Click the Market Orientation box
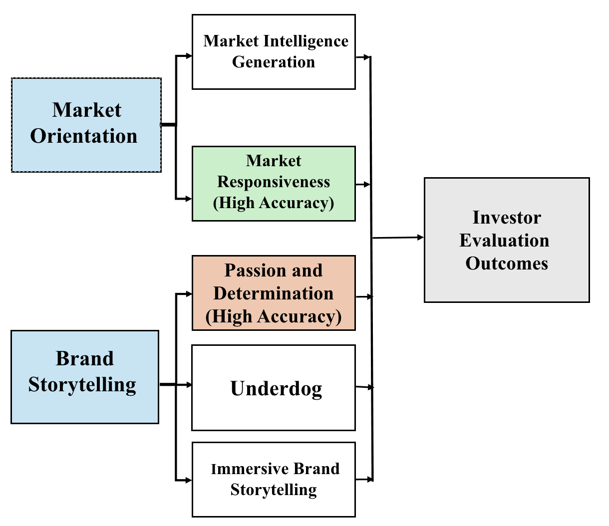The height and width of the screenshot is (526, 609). click(x=86, y=125)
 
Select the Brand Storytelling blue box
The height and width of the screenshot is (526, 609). click(x=85, y=377)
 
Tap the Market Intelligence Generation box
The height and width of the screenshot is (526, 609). click(x=274, y=52)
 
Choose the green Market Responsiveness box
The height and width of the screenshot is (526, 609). click(x=274, y=183)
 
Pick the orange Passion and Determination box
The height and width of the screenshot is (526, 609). click(x=274, y=293)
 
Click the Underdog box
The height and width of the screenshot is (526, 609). click(x=274, y=388)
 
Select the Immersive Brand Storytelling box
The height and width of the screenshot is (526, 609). click(x=274, y=479)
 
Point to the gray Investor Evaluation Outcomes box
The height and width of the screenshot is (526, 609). click(x=507, y=240)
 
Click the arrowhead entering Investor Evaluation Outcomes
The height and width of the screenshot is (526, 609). click(x=420, y=238)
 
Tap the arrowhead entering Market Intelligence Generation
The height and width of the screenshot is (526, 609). click(x=189, y=56)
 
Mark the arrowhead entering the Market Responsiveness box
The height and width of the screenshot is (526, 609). click(x=189, y=199)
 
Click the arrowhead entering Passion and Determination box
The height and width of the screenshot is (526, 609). click(x=189, y=294)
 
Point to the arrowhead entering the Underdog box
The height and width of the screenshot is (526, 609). click(x=189, y=385)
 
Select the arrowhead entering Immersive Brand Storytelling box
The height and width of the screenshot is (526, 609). click(x=189, y=481)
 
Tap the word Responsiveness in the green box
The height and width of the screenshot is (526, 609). click(x=274, y=182)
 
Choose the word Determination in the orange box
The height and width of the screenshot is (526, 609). click(x=274, y=293)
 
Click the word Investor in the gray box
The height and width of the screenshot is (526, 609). click(x=507, y=218)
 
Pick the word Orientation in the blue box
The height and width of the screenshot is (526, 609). click(x=84, y=136)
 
